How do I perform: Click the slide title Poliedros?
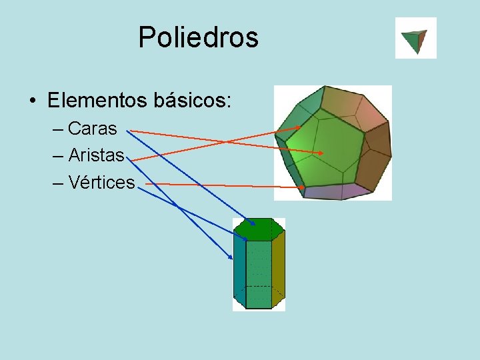198,37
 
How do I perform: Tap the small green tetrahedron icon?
416,39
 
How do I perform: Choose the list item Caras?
92,127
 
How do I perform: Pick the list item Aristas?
96,155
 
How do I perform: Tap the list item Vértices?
101,183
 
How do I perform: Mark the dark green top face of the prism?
259,229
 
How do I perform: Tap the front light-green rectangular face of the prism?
259,273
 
